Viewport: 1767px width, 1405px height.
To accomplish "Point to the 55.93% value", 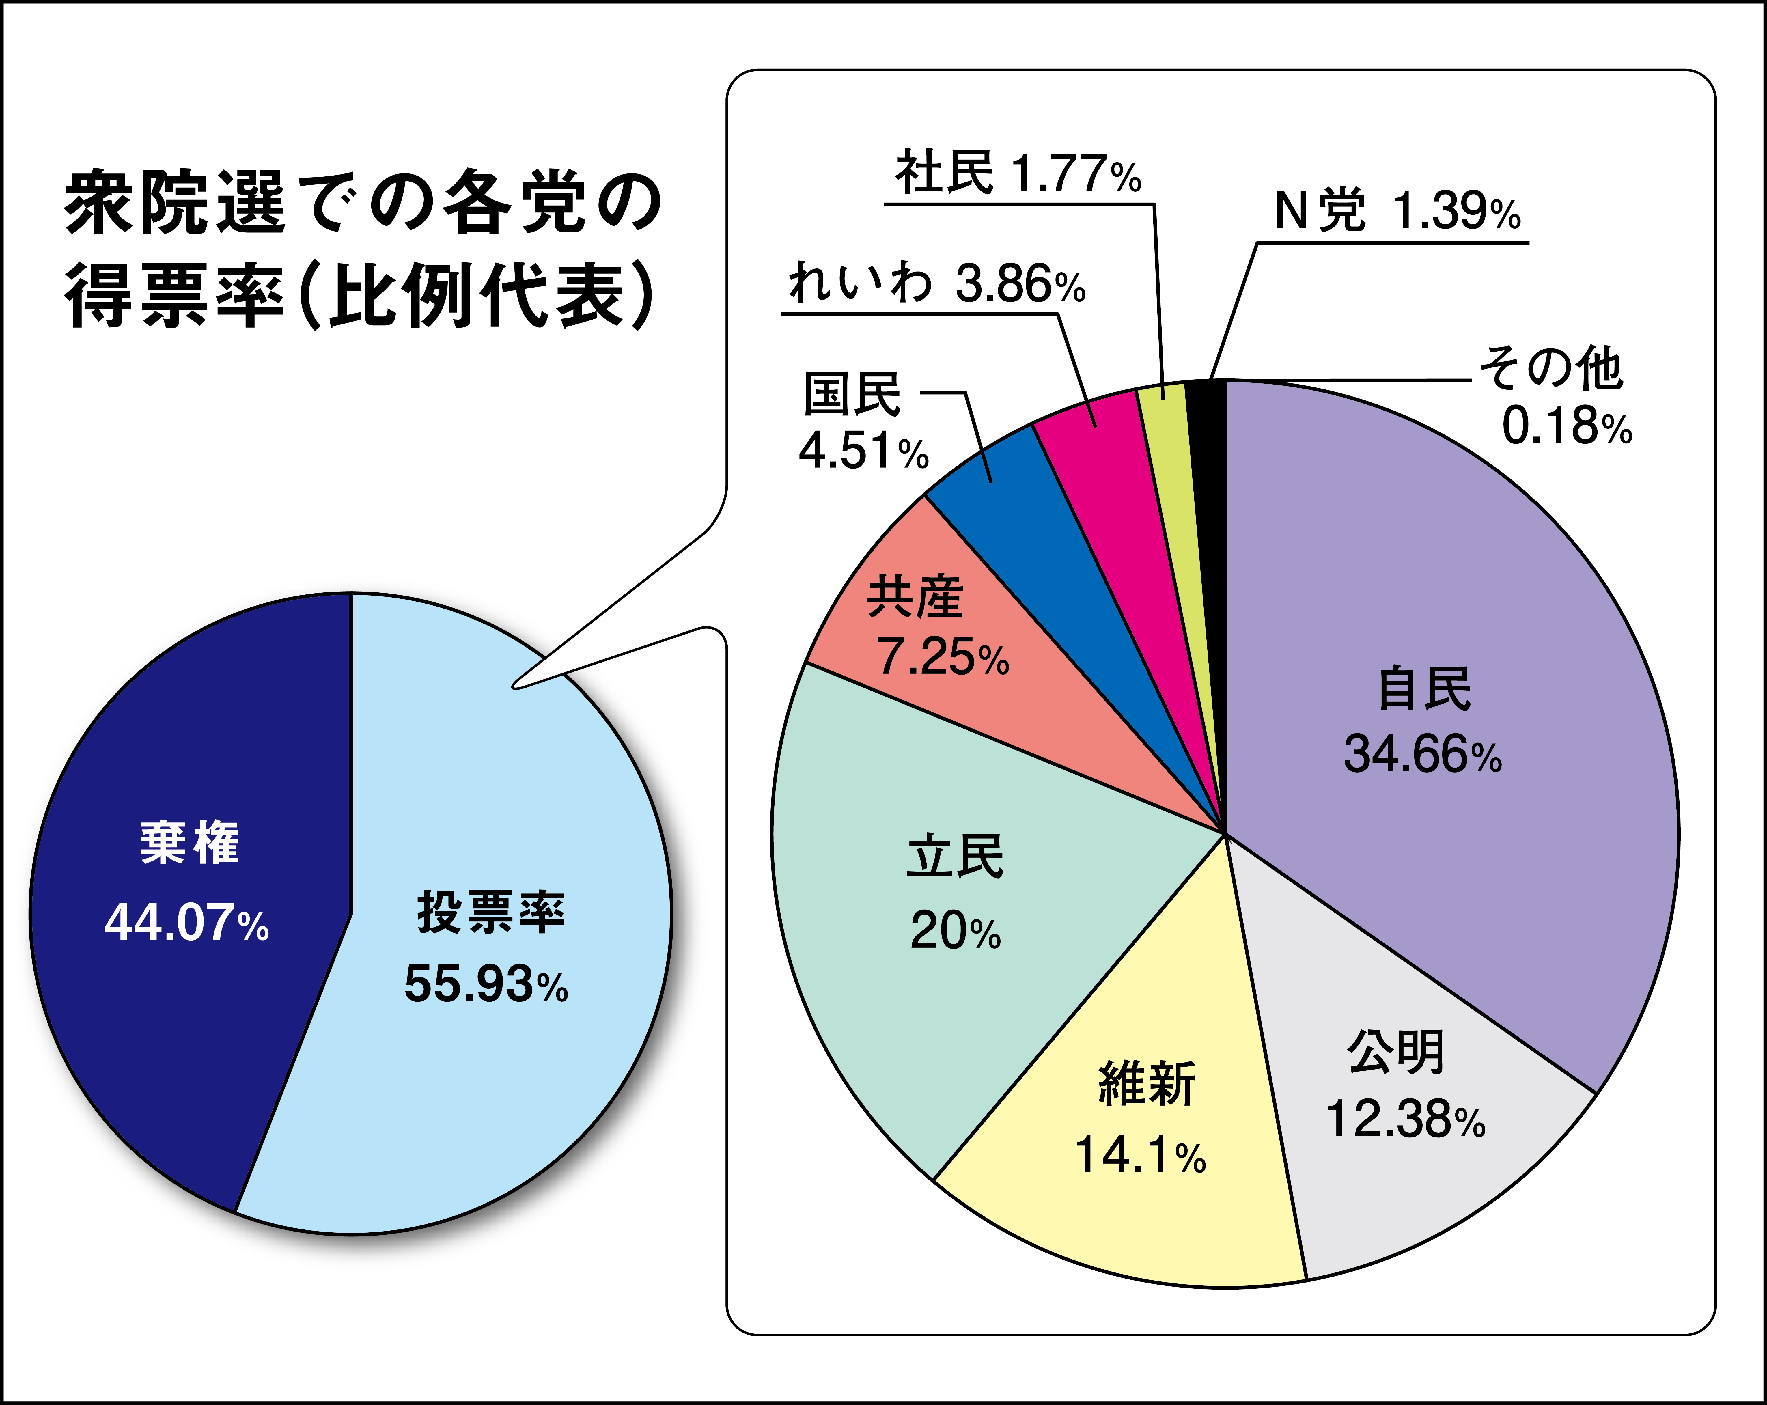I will point(486,984).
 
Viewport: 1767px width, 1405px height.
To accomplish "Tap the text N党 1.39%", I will point(1397,212).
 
